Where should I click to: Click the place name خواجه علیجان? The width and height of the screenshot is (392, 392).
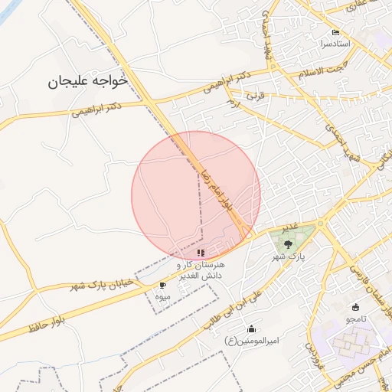86,80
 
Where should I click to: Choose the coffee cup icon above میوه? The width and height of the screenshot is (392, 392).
162,285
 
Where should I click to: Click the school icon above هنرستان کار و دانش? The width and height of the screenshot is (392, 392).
201,253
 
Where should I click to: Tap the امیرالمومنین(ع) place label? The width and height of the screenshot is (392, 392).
251,340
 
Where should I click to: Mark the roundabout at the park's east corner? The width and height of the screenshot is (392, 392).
323,224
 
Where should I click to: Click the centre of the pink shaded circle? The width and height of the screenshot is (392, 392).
196,196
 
